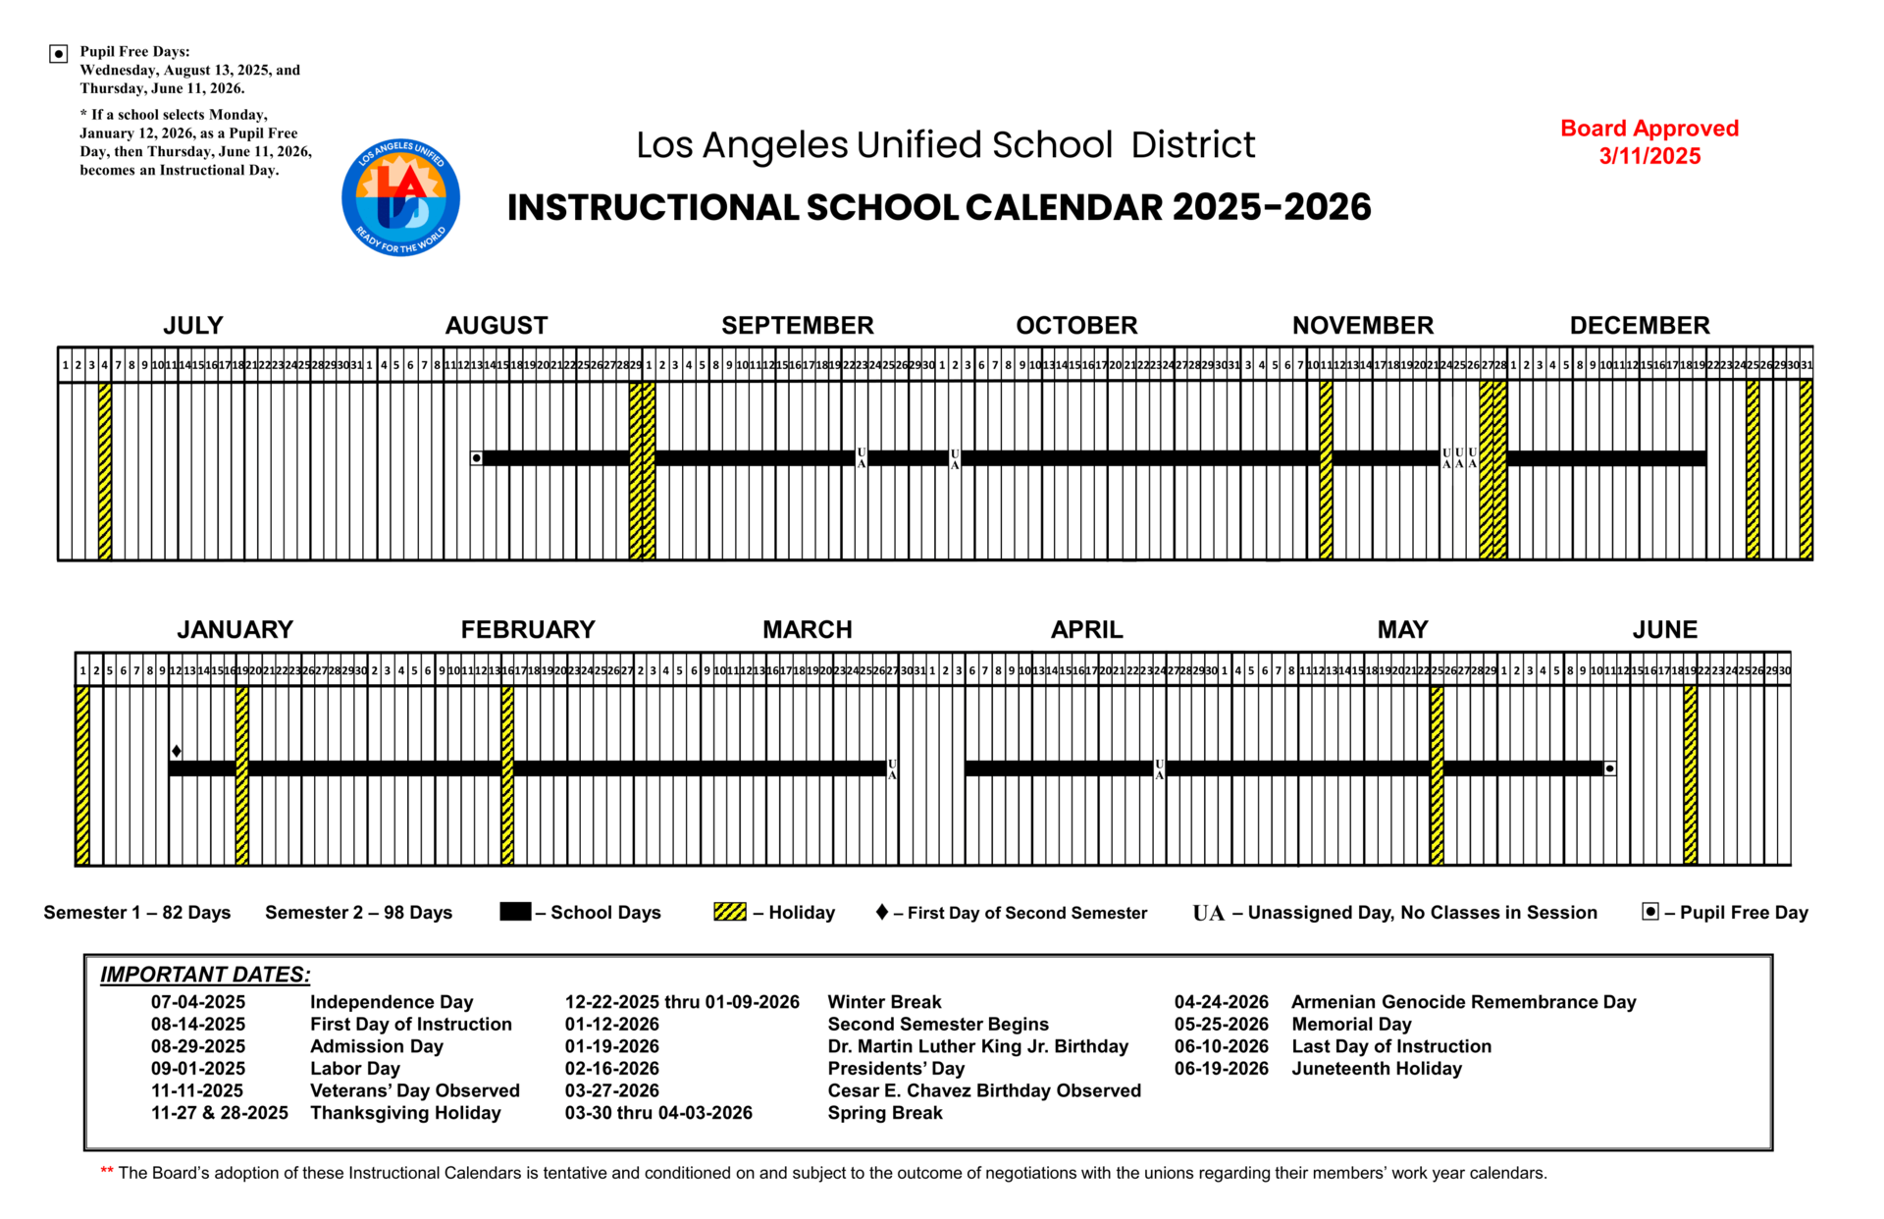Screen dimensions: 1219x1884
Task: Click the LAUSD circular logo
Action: click(x=400, y=197)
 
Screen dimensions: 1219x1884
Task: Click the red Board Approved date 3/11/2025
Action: click(x=1648, y=156)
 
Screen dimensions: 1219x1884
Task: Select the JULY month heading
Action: click(x=192, y=325)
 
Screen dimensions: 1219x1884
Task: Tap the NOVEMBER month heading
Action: click(x=1362, y=325)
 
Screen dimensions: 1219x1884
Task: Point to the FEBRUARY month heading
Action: click(x=528, y=629)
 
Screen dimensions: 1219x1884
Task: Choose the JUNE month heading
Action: click(x=1664, y=629)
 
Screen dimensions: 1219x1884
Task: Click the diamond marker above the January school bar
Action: click(x=177, y=751)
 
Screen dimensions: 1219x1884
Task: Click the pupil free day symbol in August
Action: click(x=477, y=458)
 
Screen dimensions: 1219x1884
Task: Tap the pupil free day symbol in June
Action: click(x=1610, y=768)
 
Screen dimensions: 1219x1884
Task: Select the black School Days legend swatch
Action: click(x=515, y=912)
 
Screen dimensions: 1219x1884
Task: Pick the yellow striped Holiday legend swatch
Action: click(x=730, y=912)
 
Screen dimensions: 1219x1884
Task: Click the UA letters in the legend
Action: click(x=1208, y=913)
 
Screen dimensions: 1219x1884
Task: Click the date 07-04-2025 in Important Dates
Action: click(x=198, y=1002)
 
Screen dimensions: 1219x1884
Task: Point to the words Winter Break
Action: click(x=884, y=1002)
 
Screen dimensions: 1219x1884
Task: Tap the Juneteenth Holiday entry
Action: click(x=1376, y=1069)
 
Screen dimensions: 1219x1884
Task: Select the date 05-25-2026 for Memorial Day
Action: click(x=1221, y=1025)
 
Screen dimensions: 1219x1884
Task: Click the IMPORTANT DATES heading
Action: click(x=205, y=975)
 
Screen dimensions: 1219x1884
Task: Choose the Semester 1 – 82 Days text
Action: click(x=137, y=913)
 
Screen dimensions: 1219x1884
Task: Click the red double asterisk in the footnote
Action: click(x=107, y=1171)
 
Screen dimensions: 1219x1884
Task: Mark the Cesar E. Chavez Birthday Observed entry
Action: click(x=984, y=1090)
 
